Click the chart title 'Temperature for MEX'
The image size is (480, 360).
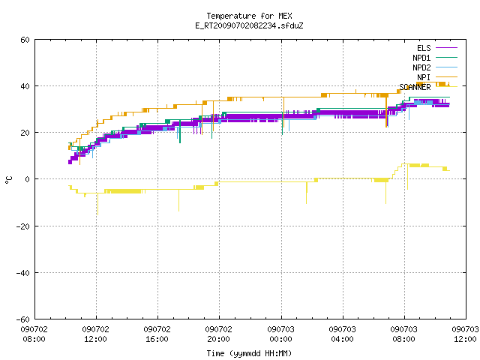tap(249, 16)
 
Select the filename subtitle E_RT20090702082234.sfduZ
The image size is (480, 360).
tap(249, 25)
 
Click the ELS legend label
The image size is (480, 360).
tap(424, 48)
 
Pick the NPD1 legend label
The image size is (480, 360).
tap(421, 58)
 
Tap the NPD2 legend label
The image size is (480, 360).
tap(421, 67)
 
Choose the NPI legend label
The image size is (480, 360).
tap(424, 77)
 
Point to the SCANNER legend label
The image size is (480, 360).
tap(415, 87)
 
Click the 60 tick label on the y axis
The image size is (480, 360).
tap(25, 40)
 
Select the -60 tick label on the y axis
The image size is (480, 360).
tap(23, 319)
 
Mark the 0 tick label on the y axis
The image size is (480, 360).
tap(28, 179)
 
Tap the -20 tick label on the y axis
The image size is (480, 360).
tap(23, 226)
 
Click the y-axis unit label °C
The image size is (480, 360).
tap(8, 180)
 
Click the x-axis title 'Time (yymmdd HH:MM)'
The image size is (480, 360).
tap(249, 353)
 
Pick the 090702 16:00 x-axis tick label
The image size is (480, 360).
tap(157, 334)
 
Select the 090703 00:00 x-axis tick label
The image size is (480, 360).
tap(280, 334)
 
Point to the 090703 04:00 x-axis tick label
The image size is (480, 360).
tap(342, 334)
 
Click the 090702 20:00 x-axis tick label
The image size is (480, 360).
tap(218, 334)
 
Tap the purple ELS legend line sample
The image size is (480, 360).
tap(446, 48)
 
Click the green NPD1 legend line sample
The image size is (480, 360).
tap(446, 58)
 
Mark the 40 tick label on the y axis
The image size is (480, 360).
tap(25, 86)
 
